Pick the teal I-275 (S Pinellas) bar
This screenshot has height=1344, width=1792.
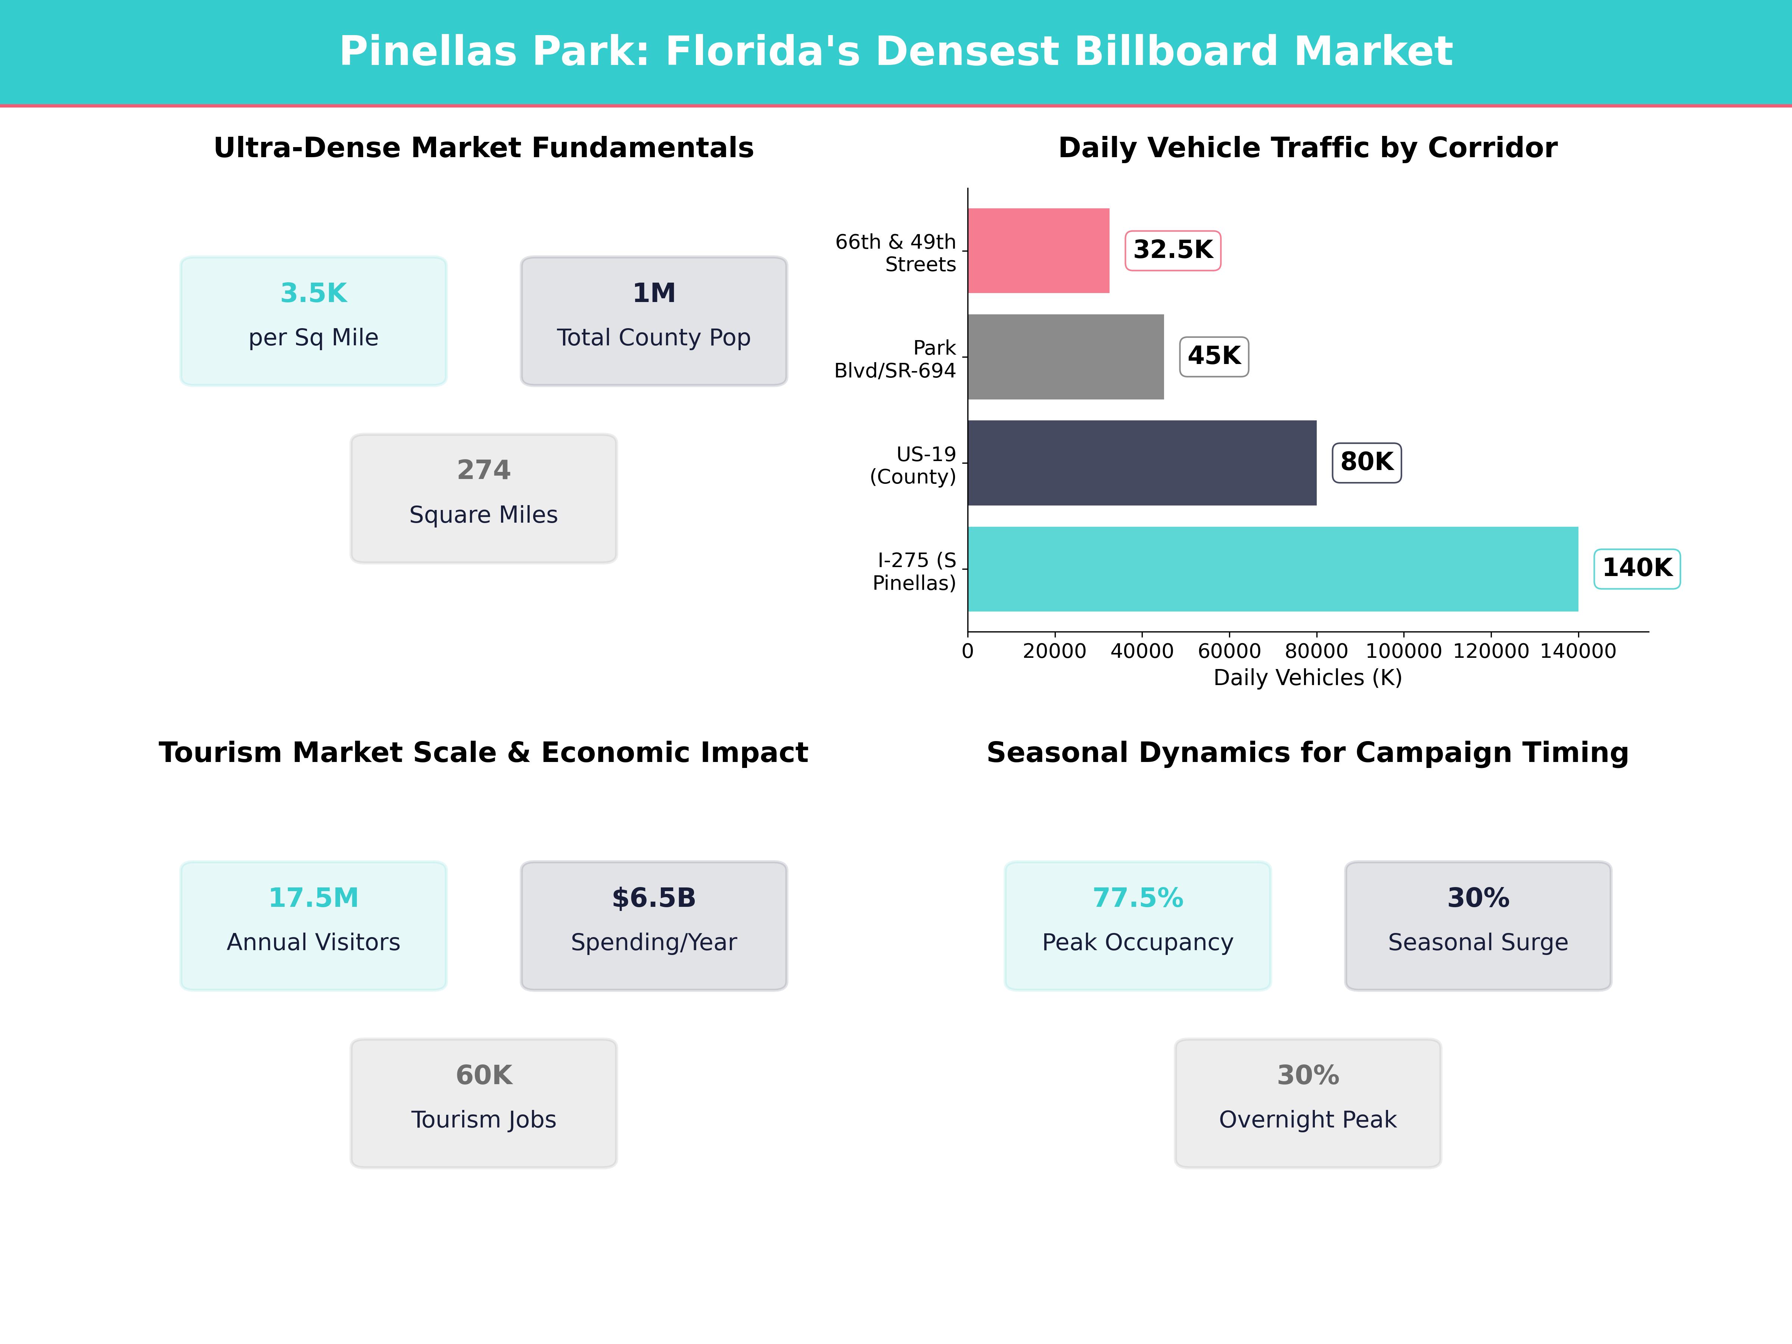click(x=1272, y=569)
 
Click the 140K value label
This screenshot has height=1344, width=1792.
click(x=1636, y=568)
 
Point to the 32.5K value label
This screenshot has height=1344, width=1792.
click(x=1172, y=249)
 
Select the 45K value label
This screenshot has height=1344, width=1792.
click(x=1214, y=356)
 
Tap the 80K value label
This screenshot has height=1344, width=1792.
click(x=1367, y=462)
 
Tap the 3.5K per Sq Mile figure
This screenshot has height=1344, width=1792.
click(x=314, y=293)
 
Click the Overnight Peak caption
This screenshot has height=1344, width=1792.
click(x=1307, y=1120)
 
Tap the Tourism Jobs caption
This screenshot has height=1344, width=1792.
click(x=483, y=1120)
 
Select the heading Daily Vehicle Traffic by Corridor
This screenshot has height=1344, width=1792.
click(x=1307, y=148)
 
